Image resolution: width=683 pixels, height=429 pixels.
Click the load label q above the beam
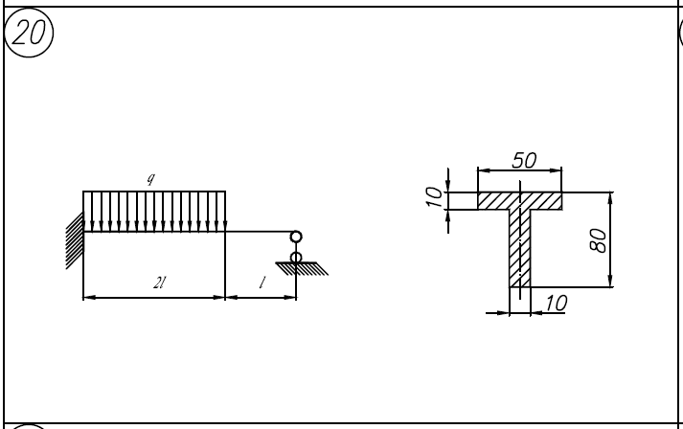pos(150,178)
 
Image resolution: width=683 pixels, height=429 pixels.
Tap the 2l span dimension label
pos(159,283)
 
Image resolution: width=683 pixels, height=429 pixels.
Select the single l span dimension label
pos(262,283)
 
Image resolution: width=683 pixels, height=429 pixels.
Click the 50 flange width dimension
pos(524,160)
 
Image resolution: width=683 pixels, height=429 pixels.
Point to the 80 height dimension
pos(598,240)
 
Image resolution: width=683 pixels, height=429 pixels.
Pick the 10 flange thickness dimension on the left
pos(433,197)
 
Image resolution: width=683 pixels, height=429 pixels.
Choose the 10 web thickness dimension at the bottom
pos(557,303)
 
